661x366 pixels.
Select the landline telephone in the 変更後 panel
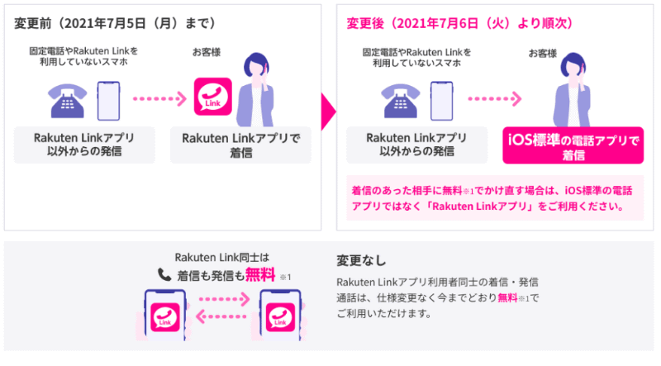point(401,100)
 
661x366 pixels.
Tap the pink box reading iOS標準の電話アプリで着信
point(572,147)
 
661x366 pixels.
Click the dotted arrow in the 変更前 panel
point(159,100)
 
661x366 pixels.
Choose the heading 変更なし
point(361,262)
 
